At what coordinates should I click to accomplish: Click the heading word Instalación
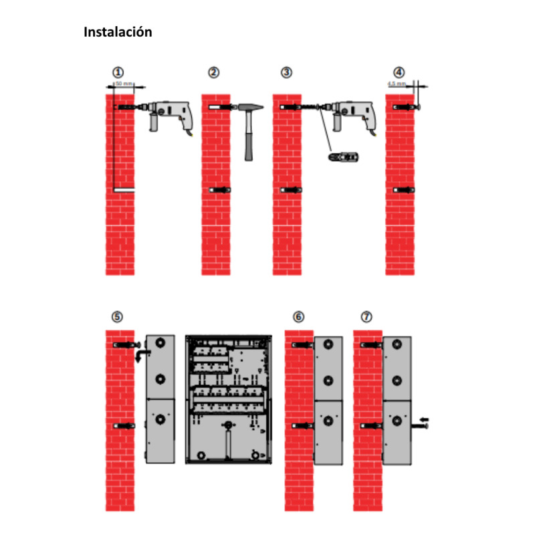pos(118,32)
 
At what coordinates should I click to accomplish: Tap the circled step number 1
pos(118,72)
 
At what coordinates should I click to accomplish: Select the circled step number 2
pos(213,72)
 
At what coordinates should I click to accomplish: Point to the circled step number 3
pos(286,72)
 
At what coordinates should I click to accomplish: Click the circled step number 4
pos(399,72)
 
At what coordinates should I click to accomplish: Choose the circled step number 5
pos(118,316)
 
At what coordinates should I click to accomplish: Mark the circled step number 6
pos(298,316)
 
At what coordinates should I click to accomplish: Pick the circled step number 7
pos(366,316)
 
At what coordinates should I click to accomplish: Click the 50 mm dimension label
pos(124,84)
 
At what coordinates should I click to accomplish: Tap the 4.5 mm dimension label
pos(397,84)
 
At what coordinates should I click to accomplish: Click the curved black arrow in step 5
pos(140,354)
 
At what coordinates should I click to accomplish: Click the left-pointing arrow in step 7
pos(425,419)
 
